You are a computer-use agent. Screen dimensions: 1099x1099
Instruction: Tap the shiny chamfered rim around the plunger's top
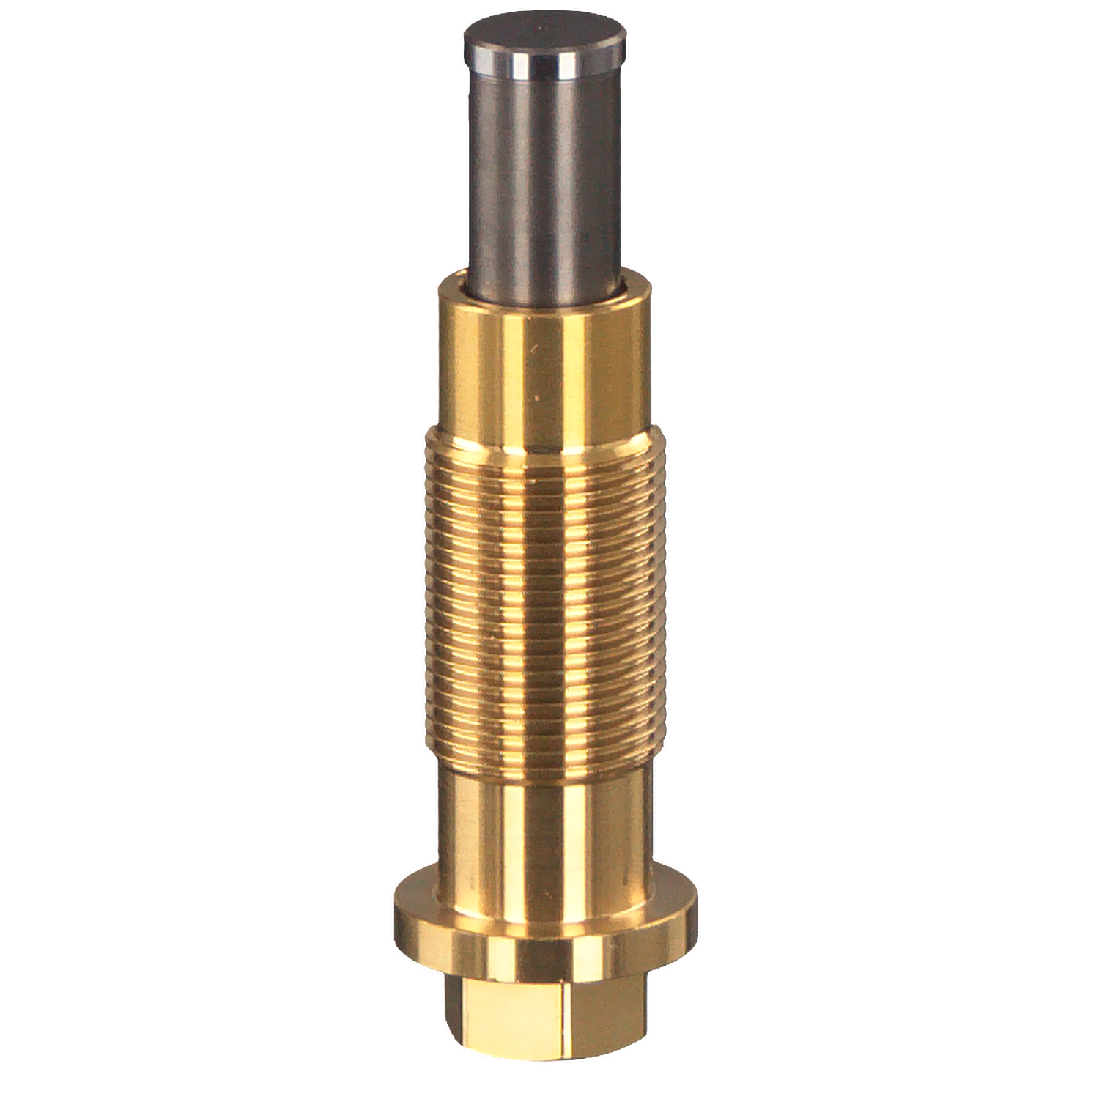546,70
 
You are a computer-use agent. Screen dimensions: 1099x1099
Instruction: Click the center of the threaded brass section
546,601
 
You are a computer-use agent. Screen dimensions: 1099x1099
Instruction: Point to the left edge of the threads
426,601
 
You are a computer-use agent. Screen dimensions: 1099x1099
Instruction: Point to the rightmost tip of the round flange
697,909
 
